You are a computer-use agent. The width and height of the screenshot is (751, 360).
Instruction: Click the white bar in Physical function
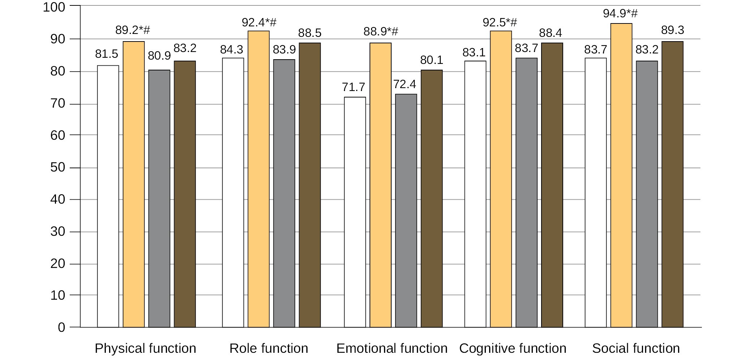108,196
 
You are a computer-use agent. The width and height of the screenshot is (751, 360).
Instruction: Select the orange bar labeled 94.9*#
621,175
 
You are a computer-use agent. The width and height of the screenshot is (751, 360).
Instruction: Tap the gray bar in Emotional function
406,211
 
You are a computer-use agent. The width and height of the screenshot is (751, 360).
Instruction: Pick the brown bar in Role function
310,185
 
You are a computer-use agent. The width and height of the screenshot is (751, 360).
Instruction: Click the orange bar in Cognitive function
501,179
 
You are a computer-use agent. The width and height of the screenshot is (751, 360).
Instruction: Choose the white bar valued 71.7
355,212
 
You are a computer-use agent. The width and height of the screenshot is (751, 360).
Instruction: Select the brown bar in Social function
672,185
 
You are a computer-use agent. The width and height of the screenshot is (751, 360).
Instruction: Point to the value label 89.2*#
133,30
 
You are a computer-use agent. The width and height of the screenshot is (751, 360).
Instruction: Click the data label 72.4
405,84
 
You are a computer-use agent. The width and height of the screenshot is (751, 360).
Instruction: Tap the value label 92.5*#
500,23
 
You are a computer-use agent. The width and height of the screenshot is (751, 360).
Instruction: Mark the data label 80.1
431,60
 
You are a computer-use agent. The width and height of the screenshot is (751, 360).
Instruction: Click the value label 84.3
232,50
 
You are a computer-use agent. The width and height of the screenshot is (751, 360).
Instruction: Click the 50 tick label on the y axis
58,168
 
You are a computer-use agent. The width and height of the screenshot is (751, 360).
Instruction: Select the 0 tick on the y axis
61,328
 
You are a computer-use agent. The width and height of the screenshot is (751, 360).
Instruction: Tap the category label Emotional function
392,348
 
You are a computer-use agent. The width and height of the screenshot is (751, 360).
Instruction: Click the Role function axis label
269,348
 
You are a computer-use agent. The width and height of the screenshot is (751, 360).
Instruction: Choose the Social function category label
636,348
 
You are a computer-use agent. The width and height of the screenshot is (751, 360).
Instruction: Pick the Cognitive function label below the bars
513,348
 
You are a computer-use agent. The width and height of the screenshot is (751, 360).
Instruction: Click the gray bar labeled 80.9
159,199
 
